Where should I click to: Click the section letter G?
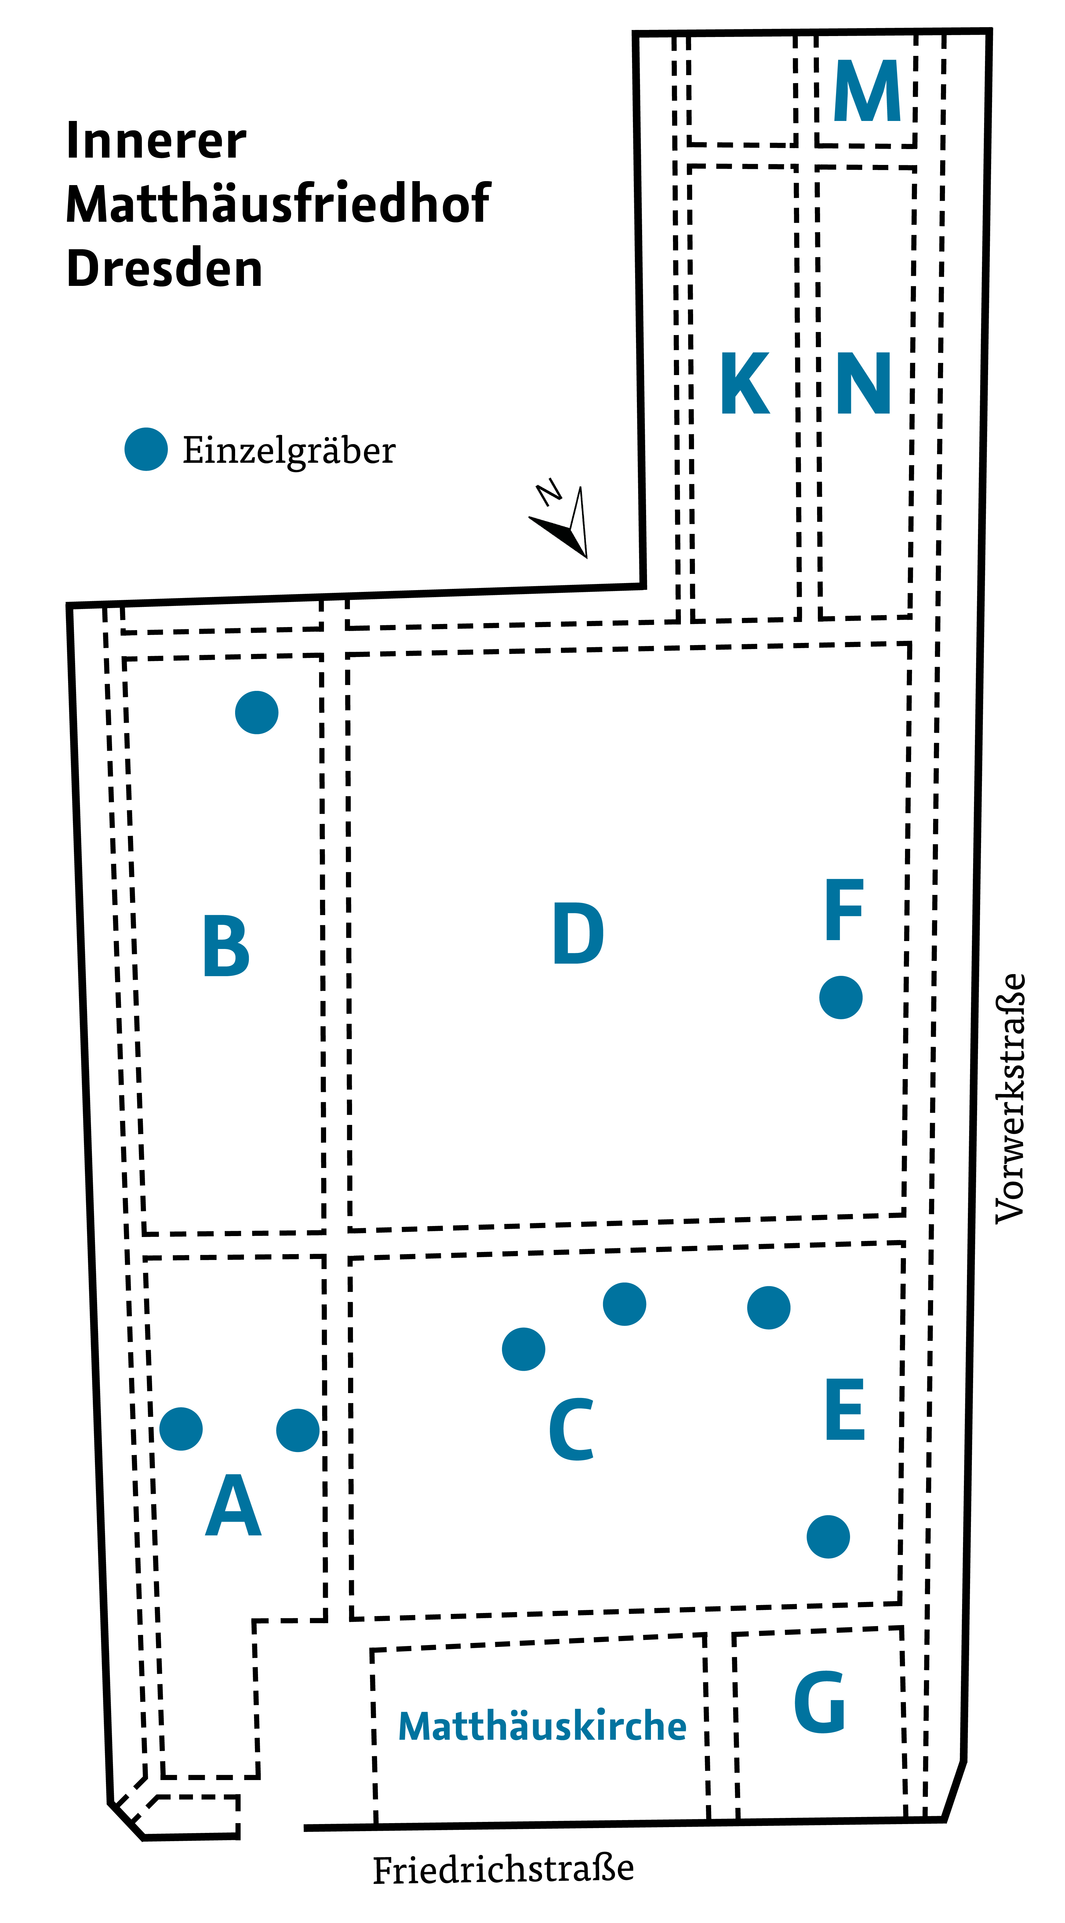(x=820, y=1702)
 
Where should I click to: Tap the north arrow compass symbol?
(x=563, y=523)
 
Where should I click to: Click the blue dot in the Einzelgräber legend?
(x=146, y=449)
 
